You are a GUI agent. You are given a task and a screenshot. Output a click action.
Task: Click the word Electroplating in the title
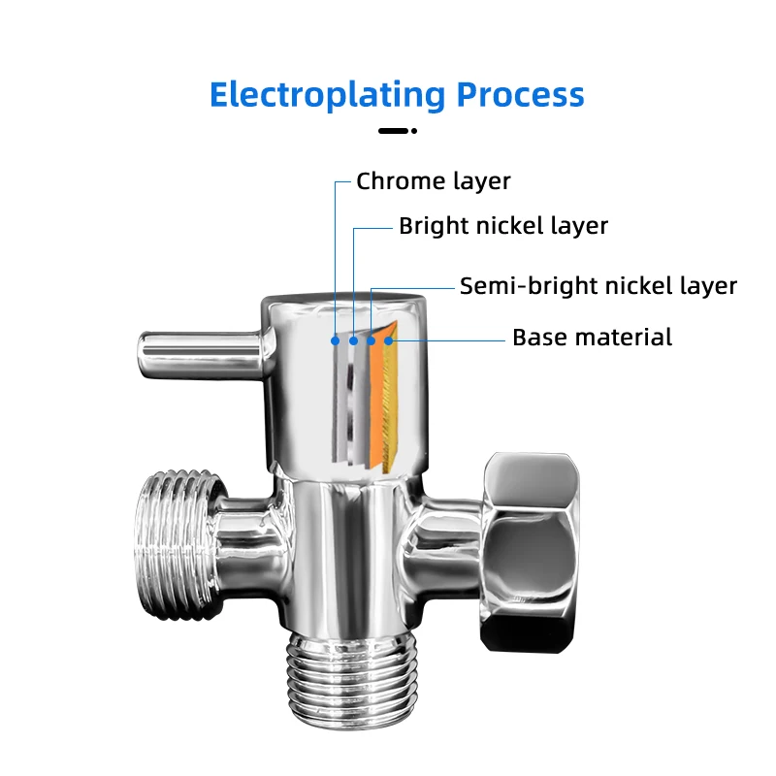(x=328, y=95)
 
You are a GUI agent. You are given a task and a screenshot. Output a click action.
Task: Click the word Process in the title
(x=520, y=94)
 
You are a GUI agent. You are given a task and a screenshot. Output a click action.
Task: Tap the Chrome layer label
(x=433, y=181)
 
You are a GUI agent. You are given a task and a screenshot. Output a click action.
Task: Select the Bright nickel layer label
(x=503, y=226)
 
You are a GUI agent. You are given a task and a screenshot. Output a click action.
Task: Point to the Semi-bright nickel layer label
(x=598, y=286)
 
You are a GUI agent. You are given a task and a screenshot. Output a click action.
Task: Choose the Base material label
(x=592, y=338)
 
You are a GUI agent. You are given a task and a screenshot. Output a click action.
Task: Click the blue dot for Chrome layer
(x=335, y=341)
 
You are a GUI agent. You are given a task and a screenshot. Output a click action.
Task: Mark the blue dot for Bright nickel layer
(x=353, y=341)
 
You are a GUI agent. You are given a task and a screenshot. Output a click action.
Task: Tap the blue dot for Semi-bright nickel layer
(x=372, y=341)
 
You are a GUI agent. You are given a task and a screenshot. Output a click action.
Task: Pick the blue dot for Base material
(x=389, y=340)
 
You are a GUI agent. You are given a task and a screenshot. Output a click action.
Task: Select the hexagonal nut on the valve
(x=530, y=552)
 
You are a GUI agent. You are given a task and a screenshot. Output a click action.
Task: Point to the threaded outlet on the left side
(x=179, y=544)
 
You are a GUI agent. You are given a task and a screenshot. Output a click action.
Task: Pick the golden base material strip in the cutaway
(x=391, y=396)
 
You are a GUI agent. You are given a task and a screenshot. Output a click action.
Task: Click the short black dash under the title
(x=394, y=131)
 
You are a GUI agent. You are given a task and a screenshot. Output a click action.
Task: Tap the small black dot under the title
(x=414, y=131)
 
